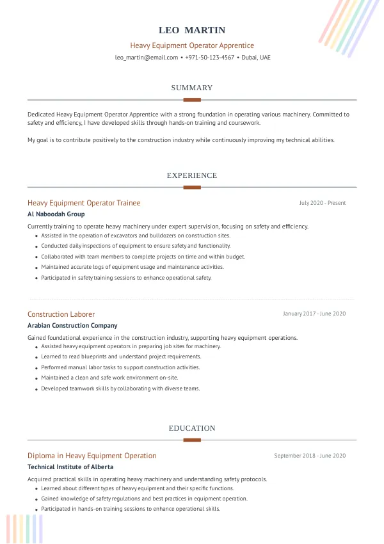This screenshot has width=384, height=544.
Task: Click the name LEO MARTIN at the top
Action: [192, 30]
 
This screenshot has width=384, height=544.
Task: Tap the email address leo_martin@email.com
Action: [147, 58]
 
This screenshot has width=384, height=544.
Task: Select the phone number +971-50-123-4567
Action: [211, 58]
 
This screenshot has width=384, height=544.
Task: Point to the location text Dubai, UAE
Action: [256, 58]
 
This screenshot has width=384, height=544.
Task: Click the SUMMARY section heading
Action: [192, 88]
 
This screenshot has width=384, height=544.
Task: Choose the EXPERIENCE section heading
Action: [192, 175]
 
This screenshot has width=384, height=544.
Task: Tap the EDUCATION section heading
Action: [192, 428]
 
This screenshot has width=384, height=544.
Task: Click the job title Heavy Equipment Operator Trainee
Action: [84, 203]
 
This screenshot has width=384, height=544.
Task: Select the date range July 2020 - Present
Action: [322, 203]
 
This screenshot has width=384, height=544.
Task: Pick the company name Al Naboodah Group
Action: [56, 214]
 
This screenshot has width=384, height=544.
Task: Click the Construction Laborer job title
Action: [61, 314]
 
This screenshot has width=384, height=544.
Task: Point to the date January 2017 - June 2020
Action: [314, 314]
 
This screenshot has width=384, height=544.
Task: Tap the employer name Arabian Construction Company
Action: [72, 326]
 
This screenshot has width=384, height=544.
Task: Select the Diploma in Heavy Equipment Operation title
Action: [92, 456]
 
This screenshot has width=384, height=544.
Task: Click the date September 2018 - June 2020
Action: [310, 456]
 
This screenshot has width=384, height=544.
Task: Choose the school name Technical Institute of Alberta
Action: [70, 467]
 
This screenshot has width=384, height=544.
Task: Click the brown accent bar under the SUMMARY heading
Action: [192, 100]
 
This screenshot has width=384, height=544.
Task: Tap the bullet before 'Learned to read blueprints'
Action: [36, 357]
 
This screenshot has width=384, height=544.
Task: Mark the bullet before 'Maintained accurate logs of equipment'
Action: [36, 268]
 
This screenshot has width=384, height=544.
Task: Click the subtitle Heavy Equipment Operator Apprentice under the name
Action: [192, 45]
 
